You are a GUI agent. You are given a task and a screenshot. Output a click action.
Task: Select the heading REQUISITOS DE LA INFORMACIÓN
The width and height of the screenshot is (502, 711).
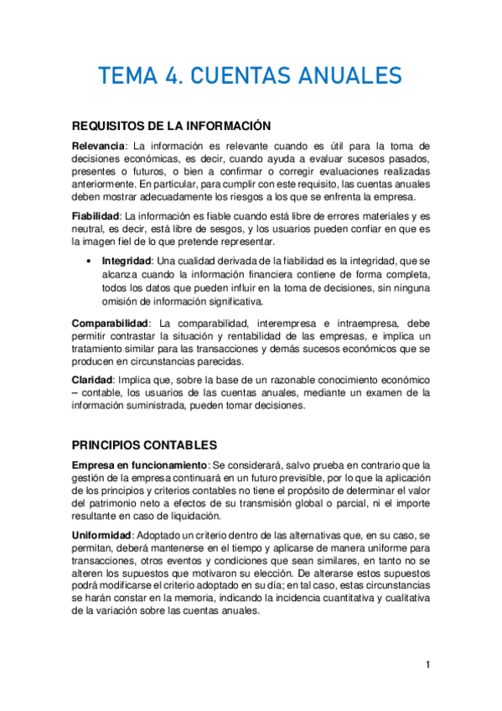pyautogui.click(x=171, y=126)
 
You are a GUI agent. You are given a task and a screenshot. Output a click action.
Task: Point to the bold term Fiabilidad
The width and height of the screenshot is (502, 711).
pyautogui.click(x=99, y=215)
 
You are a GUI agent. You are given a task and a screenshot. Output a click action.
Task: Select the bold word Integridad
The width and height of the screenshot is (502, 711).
pyautogui.click(x=127, y=262)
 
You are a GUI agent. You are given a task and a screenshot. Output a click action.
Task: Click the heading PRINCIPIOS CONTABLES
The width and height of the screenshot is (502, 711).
pyautogui.click(x=145, y=445)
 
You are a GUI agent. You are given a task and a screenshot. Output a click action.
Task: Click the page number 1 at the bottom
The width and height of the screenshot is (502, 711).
pyautogui.click(x=427, y=665)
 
